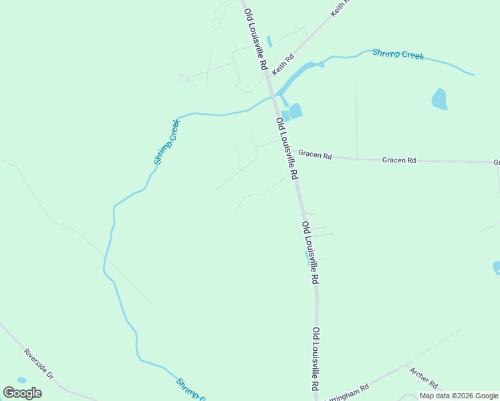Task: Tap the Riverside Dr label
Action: pos(38,364)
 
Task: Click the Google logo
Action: pos(23,392)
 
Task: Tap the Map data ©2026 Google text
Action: pos(459,396)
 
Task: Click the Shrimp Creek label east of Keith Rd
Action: pos(398,54)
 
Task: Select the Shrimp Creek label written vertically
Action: pos(167,142)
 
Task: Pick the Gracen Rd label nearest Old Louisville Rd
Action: pos(315,155)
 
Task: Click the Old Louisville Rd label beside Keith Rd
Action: pos(256,40)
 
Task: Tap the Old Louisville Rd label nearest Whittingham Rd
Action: pos(316,360)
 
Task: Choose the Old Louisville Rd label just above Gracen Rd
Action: pos(286,148)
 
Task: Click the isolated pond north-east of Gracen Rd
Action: pos(439,99)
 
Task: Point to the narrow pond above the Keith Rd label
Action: pos(269,41)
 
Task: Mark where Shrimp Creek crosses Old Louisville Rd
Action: pos(272,96)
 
